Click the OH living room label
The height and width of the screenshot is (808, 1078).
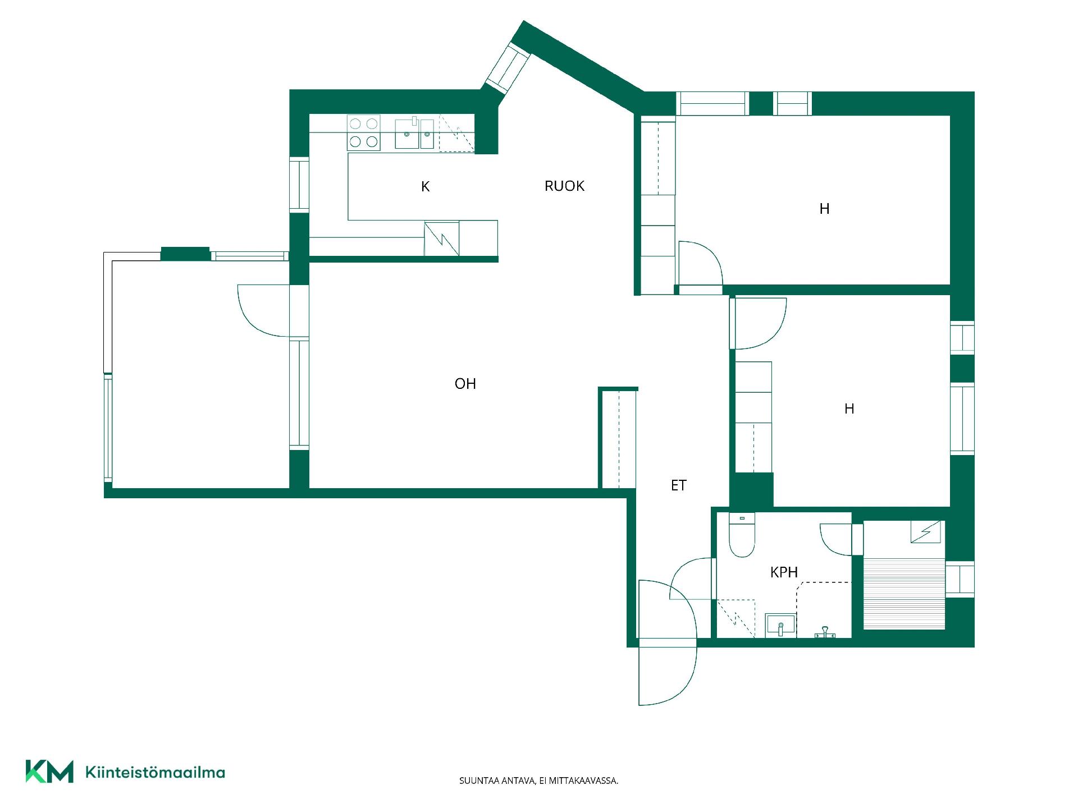pyautogui.click(x=465, y=384)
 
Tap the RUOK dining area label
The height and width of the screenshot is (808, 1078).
pyautogui.click(x=564, y=186)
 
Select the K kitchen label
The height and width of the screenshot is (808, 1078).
pyautogui.click(x=426, y=187)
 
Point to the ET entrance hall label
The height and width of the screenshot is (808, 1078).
pyautogui.click(x=679, y=485)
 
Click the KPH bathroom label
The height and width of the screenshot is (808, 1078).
pyautogui.click(x=784, y=572)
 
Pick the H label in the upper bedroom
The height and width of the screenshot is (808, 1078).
pyautogui.click(x=824, y=209)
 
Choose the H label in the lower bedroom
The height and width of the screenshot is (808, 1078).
pyautogui.click(x=849, y=409)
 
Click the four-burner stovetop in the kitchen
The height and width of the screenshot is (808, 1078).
pyautogui.click(x=363, y=132)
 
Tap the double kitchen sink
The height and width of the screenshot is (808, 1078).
pyautogui.click(x=414, y=134)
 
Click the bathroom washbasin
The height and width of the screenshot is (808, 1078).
pyautogui.click(x=780, y=625)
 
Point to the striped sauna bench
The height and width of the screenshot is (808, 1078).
pyautogui.click(x=905, y=594)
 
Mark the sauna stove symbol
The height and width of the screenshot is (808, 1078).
pyautogui.click(x=925, y=532)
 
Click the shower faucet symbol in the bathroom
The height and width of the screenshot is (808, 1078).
pyautogui.click(x=825, y=632)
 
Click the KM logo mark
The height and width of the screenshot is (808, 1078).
pyautogui.click(x=49, y=772)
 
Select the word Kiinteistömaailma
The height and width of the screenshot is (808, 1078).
pyautogui.click(x=155, y=772)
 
